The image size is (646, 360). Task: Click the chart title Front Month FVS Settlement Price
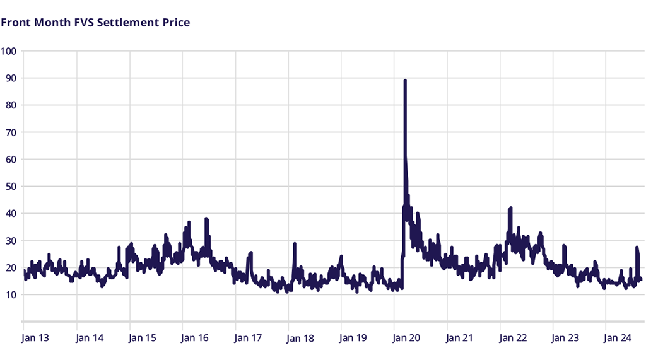[95, 23]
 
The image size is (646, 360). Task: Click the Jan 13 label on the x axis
[36, 338]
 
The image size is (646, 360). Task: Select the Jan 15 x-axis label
[142, 338]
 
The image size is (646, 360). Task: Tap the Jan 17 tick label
[247, 338]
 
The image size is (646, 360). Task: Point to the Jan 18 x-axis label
[300, 338]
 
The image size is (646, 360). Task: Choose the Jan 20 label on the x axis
[406, 338]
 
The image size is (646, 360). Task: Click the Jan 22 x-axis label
[512, 338]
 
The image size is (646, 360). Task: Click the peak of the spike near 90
[405, 81]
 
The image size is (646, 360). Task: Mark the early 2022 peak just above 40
[510, 207]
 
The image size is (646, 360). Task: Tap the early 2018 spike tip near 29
[295, 243]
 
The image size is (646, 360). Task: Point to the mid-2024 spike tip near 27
[637, 247]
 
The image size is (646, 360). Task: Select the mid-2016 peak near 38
[206, 219]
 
